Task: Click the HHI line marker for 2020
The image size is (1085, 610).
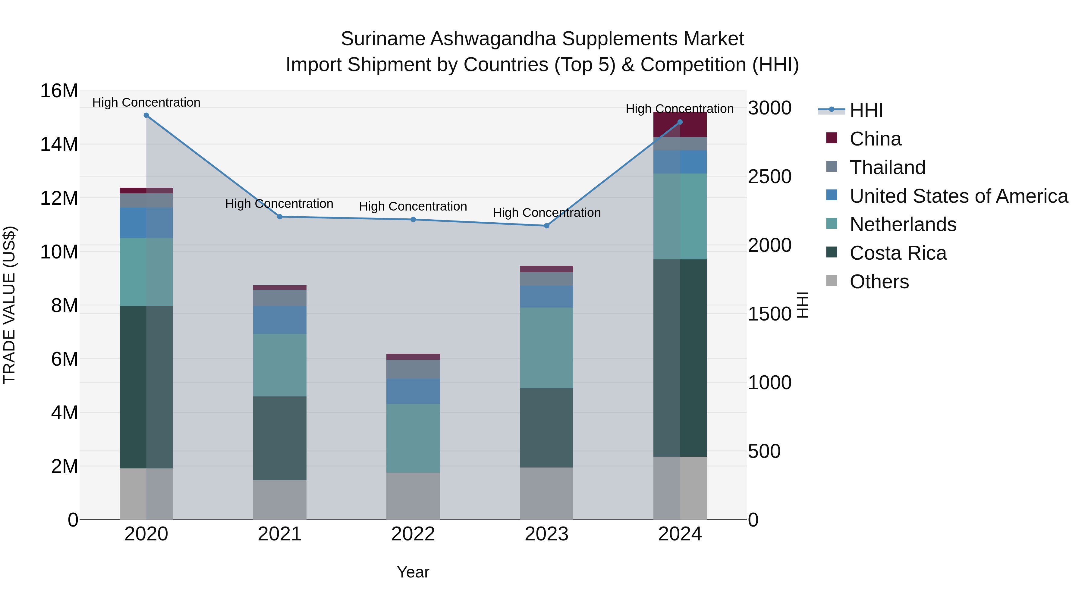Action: [x=146, y=115]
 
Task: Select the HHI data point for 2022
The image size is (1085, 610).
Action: [x=413, y=219]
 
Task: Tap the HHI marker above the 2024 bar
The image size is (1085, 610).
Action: [x=680, y=122]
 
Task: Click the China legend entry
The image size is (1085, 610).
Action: [x=875, y=139]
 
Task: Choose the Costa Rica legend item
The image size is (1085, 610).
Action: [x=898, y=253]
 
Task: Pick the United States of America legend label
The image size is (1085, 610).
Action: [x=959, y=196]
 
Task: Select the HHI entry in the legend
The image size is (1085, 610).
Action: [x=866, y=110]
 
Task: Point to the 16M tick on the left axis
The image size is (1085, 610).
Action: [x=59, y=91]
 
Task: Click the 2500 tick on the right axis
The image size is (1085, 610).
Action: [x=769, y=177]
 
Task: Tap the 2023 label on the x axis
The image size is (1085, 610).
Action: [x=546, y=534]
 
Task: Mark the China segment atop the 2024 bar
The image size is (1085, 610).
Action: [x=680, y=125]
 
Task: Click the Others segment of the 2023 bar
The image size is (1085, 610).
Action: [x=546, y=493]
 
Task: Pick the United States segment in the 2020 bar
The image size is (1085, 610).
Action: [x=146, y=222]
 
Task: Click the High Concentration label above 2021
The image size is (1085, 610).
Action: [x=279, y=204]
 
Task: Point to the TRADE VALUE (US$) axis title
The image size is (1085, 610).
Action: [x=9, y=305]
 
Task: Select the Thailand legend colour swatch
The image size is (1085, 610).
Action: [x=832, y=166]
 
